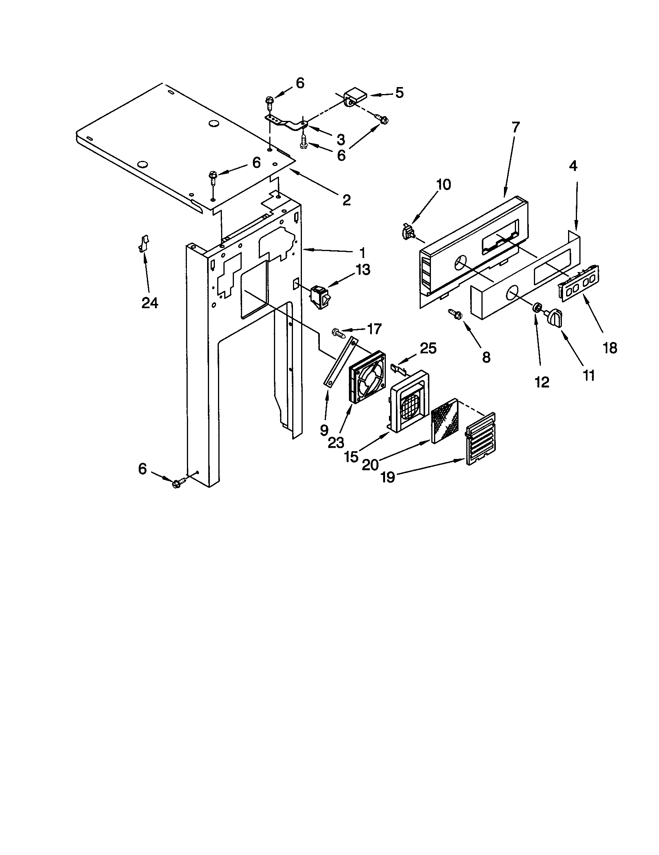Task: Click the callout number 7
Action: click(x=515, y=128)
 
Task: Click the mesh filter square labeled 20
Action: click(x=445, y=421)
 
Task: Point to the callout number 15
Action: click(x=352, y=456)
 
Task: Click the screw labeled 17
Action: click(x=338, y=333)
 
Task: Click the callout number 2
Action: click(x=346, y=200)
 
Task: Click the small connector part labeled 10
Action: click(x=408, y=232)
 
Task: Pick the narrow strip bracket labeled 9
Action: click(x=340, y=362)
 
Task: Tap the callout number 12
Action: click(x=542, y=382)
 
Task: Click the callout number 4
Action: click(x=572, y=166)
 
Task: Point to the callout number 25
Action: click(x=428, y=349)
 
